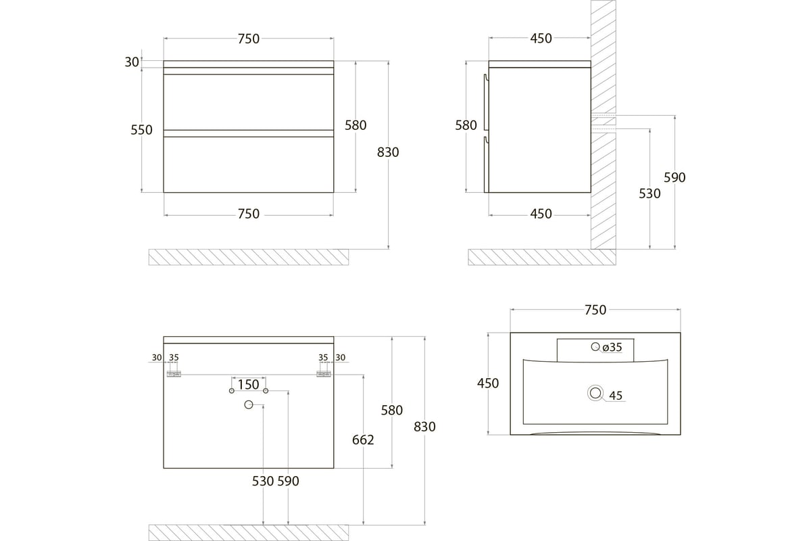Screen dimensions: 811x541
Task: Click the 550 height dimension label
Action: (x=141, y=130)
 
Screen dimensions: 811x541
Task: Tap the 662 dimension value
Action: (x=363, y=440)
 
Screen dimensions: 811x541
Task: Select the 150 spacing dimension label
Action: (x=249, y=385)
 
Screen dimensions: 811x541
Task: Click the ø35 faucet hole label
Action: (x=612, y=347)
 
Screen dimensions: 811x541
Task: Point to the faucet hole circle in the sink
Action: (x=595, y=346)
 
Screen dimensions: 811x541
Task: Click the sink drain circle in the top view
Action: (x=595, y=393)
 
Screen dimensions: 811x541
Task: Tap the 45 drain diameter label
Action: (x=616, y=396)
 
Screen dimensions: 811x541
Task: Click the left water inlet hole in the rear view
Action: (x=232, y=391)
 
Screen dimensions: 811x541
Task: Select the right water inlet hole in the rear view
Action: (x=266, y=391)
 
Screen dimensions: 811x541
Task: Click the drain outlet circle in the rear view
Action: (x=249, y=405)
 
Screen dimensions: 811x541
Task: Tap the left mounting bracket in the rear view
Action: (x=174, y=374)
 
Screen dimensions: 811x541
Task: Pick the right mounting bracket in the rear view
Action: (x=324, y=374)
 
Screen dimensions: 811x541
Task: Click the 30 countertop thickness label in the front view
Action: (x=132, y=62)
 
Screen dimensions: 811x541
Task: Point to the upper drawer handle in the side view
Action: (x=486, y=102)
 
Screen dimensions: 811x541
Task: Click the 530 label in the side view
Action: (x=649, y=194)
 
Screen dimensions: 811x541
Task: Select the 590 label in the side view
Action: (x=674, y=178)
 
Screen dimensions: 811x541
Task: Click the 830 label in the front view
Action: (x=388, y=153)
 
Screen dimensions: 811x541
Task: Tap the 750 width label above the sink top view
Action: (x=595, y=310)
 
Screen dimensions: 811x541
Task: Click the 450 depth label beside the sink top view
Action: (x=488, y=383)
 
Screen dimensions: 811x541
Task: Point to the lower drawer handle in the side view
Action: (x=486, y=164)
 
